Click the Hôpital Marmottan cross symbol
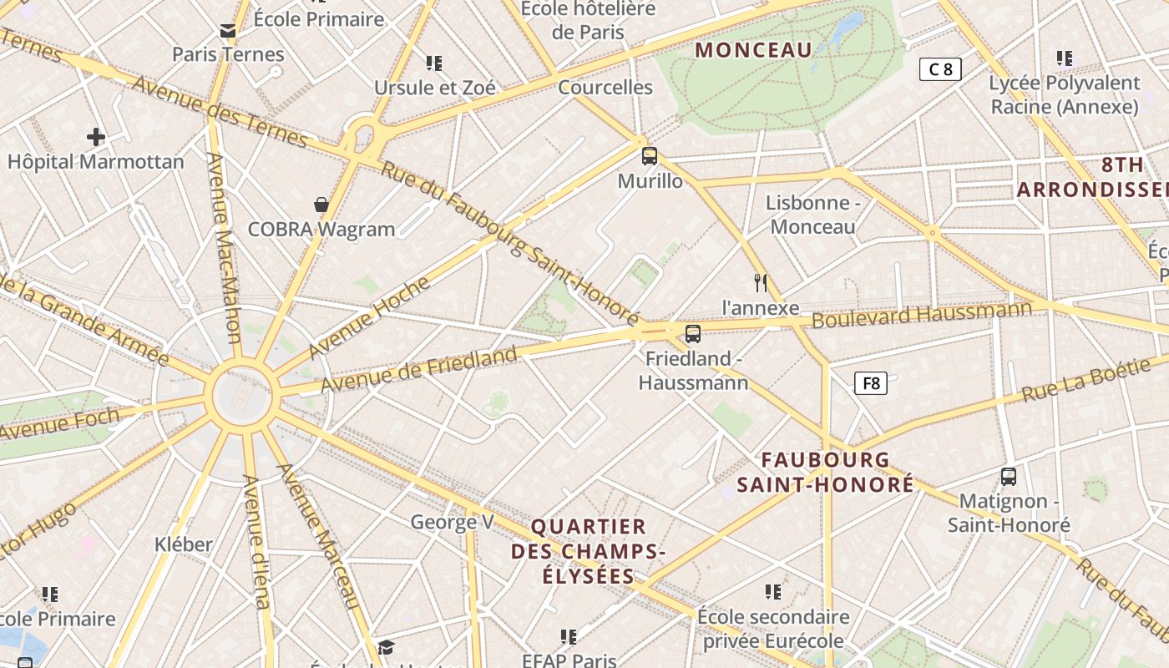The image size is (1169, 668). (96, 136)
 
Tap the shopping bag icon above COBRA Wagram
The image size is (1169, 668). (321, 205)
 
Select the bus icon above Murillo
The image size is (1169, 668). (650, 155)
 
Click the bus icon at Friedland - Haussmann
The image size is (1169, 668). (692, 334)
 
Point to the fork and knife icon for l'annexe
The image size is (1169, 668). (761, 283)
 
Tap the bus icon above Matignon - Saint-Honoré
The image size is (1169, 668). (1009, 477)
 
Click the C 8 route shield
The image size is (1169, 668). (940, 69)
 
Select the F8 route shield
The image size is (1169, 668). (871, 383)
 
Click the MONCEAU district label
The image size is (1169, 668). (753, 50)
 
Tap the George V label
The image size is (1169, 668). (452, 523)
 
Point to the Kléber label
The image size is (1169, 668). (184, 544)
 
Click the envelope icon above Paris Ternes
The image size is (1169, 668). (228, 32)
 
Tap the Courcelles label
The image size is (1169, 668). (605, 87)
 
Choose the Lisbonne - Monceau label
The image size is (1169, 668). (812, 215)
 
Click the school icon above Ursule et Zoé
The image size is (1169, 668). (433, 63)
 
